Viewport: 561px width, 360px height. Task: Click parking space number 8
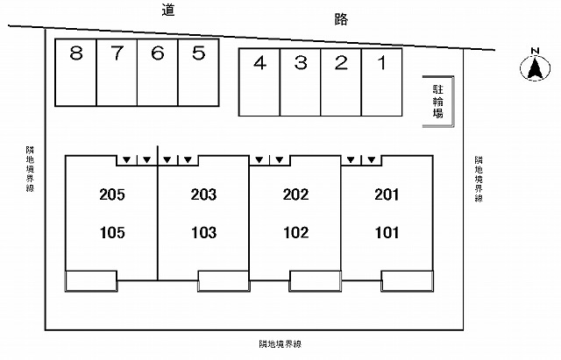point(75,73)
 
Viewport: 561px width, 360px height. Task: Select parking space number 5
point(198,73)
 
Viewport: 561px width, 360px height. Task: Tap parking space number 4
point(259,82)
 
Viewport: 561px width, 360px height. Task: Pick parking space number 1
point(382,82)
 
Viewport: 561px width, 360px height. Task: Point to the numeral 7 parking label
point(117,53)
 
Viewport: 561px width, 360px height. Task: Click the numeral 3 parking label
point(301,63)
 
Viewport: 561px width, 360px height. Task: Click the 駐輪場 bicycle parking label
point(438,102)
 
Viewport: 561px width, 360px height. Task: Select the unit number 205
point(112,194)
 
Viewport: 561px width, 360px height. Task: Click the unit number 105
point(112,233)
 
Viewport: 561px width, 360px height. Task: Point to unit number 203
point(203,194)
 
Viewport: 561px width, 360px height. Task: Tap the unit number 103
point(203,233)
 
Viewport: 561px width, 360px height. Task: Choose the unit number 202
point(295,194)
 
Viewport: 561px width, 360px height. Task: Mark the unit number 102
point(295,233)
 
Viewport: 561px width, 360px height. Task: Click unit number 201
point(387,194)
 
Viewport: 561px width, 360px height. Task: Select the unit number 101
point(387,233)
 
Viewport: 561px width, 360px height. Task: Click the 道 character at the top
point(167,10)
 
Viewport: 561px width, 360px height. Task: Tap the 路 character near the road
point(341,19)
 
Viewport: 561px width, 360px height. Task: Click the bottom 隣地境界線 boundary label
point(280,344)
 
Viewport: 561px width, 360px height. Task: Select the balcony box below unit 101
point(407,281)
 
